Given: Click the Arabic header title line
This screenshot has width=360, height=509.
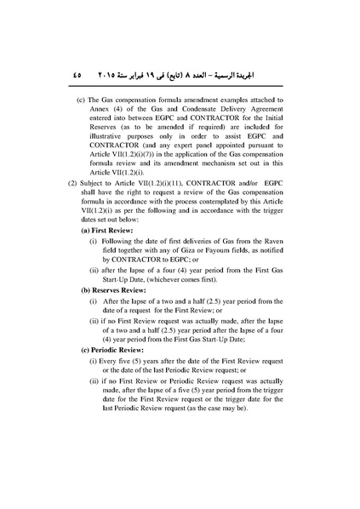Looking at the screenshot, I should click(x=201, y=74).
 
